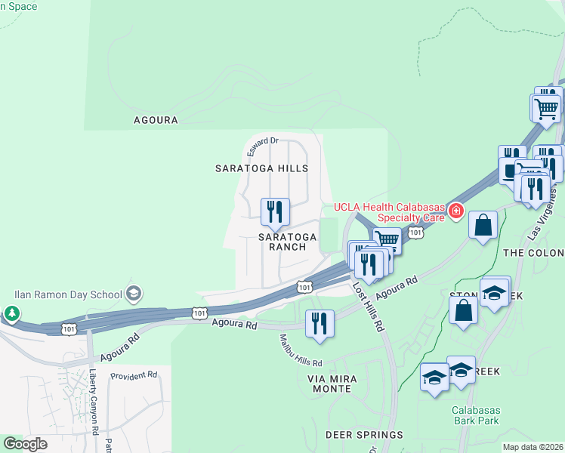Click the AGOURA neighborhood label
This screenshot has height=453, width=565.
coord(156,120)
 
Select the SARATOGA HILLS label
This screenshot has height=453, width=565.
coord(261,168)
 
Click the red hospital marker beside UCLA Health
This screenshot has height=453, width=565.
coord(455,211)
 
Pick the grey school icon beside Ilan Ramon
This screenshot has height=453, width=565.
coord(134,293)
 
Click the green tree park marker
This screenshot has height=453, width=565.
coord(11,313)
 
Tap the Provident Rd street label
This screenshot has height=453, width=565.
coord(133,374)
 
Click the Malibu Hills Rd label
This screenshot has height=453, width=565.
coord(301,350)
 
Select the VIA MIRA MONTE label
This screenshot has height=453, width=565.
coord(329,383)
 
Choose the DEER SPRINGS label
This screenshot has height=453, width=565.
coord(364,435)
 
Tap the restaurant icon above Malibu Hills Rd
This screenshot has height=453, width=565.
coord(320,322)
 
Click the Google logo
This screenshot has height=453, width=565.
coord(26,444)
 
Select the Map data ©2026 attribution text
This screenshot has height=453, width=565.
coord(532,447)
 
